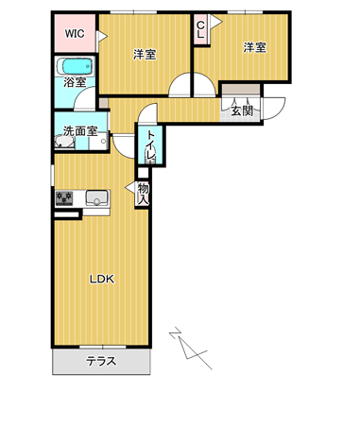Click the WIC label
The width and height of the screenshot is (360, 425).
75,33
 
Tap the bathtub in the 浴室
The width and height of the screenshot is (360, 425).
75,66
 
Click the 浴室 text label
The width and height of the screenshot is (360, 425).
75,82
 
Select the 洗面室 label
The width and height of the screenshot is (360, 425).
80,131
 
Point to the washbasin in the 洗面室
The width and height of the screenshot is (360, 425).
65,142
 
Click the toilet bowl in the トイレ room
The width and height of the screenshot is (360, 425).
150,156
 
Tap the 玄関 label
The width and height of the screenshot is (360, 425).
242,110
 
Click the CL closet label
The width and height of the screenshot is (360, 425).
200,30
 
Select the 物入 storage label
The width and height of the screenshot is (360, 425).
143,194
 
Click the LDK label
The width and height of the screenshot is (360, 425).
102,279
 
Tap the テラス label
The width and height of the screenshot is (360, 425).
101,361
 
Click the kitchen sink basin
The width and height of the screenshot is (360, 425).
97,198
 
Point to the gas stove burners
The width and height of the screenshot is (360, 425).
64,198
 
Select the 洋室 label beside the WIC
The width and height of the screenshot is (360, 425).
145,55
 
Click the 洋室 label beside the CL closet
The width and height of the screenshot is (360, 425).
255,47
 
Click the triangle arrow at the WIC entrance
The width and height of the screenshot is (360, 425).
102,37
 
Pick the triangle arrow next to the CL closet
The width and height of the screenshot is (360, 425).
216,22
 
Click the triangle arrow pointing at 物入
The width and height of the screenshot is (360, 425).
130,188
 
